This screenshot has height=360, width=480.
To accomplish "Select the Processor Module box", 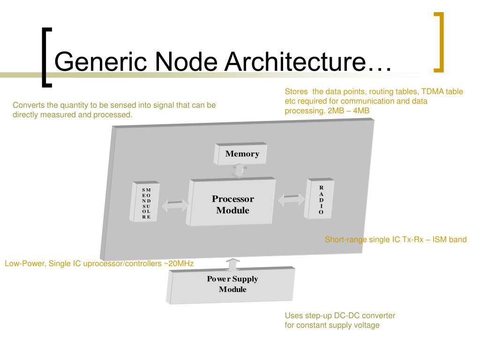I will pyautogui.click(x=232, y=204).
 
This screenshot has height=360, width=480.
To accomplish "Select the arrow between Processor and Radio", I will pyautogui.click(x=291, y=200).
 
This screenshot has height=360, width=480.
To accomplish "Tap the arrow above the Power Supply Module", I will pyautogui.click(x=231, y=264).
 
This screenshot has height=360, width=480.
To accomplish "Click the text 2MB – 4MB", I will pyautogui.click(x=350, y=111).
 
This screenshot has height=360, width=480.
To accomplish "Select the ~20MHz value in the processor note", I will pyautogui.click(x=178, y=264).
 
